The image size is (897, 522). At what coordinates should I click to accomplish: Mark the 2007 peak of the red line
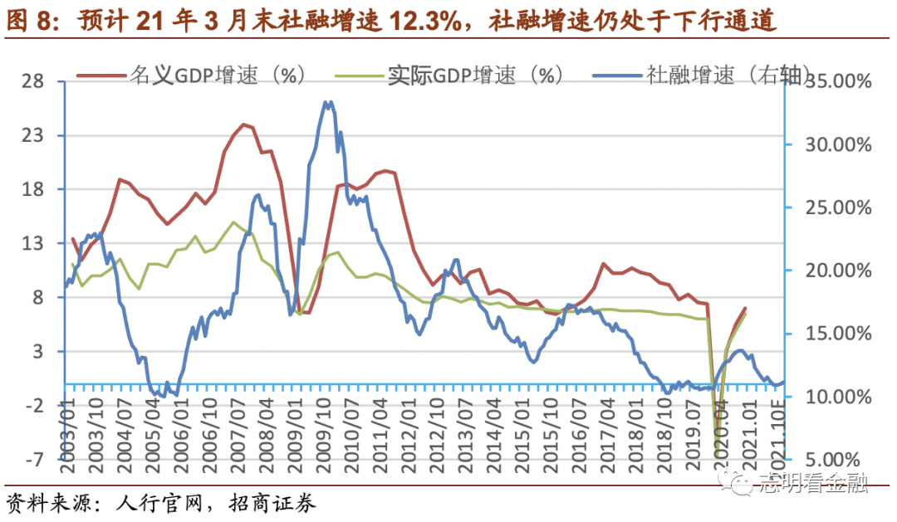click(x=243, y=124)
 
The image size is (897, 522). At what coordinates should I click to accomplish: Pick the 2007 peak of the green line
click(x=233, y=222)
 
